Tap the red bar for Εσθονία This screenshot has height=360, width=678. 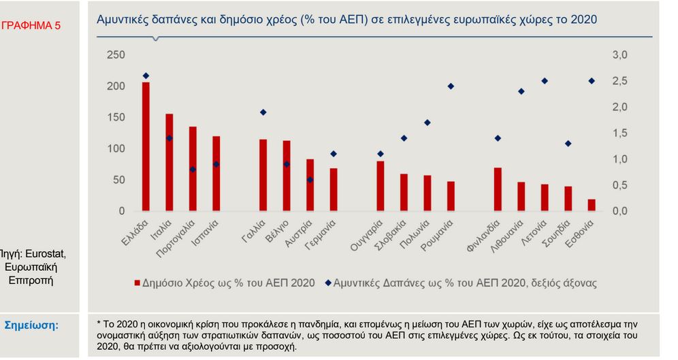click(592, 205)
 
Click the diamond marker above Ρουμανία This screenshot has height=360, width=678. click(451, 86)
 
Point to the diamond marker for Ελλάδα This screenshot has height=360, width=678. click(146, 76)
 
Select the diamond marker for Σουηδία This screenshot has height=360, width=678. click(568, 144)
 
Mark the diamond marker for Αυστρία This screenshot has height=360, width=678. click(310, 180)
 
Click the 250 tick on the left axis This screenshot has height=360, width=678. click(116, 55)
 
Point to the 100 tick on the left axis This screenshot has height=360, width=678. click(116, 148)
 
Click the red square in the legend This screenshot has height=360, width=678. click(138, 282)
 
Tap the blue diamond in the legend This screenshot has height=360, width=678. click(328, 282)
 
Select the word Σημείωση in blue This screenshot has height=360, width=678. click(32, 325)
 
